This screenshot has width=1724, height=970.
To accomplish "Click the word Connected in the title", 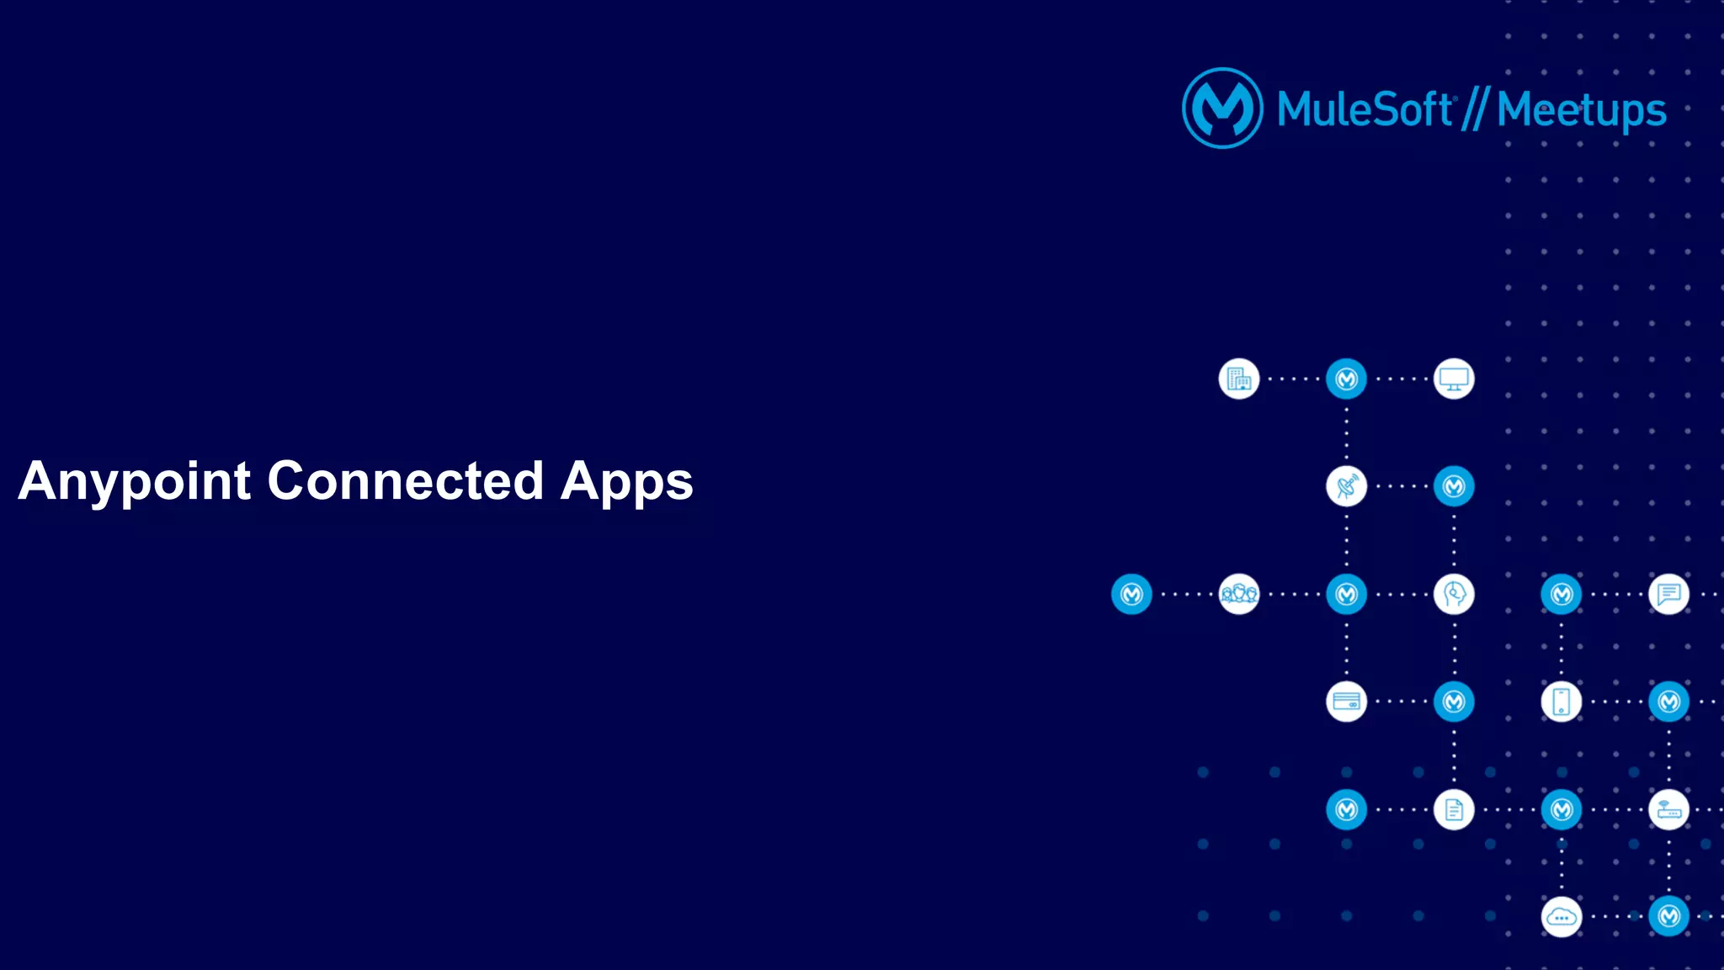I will click(405, 481).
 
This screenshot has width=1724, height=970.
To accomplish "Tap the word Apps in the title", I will click(626, 481).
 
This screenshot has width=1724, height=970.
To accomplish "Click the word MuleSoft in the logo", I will click(1365, 109).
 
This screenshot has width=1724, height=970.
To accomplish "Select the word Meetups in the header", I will click(1581, 110).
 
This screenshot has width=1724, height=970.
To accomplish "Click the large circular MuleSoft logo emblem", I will click(1222, 109).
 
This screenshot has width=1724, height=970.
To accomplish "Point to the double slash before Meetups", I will click(1475, 109).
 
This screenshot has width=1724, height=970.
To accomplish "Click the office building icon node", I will click(1239, 379).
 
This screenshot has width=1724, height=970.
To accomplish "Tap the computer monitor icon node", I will click(1454, 379).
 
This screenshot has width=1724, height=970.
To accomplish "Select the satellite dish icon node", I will click(1346, 486).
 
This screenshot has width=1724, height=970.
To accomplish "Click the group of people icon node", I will click(1239, 595).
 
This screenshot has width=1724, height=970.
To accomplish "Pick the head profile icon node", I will click(1454, 595).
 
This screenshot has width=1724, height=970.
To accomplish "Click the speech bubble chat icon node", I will click(1668, 595).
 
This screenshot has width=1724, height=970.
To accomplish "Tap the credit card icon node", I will click(1346, 702).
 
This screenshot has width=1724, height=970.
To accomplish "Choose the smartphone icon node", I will click(1562, 702).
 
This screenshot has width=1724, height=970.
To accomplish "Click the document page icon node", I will click(1454, 810).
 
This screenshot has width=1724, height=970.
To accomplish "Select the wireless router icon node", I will click(1668, 810).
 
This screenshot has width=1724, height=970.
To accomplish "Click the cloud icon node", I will click(1562, 917).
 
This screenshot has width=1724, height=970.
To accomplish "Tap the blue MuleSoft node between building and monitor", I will click(1346, 379).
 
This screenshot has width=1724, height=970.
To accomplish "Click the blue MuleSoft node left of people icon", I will click(1131, 595).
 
